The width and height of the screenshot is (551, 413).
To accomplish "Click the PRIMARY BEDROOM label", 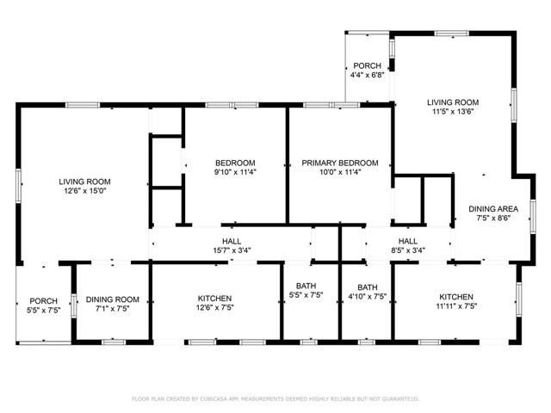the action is click(340, 163).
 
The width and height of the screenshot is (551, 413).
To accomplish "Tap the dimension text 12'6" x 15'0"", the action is click(85, 191).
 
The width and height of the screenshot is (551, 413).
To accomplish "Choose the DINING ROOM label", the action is click(113, 299).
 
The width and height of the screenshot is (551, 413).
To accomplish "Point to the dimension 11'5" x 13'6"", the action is click(453, 112).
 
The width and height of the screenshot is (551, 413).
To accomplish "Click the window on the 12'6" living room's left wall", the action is click(18, 186).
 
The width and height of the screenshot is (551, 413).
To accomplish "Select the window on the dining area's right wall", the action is click(533, 216).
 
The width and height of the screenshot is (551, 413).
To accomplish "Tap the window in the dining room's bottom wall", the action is click(114, 342).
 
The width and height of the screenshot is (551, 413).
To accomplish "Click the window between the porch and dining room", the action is click(74, 305).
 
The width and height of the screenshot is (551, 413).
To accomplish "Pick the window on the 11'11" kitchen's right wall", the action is click(518, 299).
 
